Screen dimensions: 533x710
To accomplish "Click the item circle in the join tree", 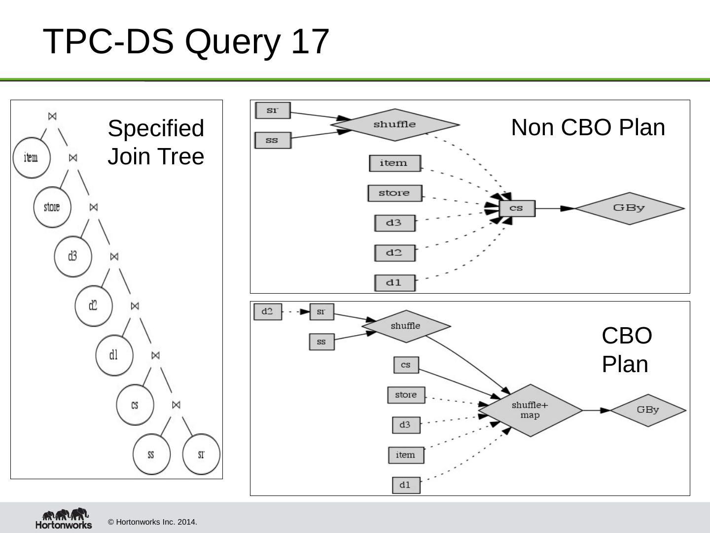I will click(x=31, y=158).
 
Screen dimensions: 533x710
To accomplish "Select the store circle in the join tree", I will click(x=52, y=207).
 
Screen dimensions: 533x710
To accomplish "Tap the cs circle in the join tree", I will click(x=135, y=405).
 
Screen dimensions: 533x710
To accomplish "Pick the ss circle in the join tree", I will click(x=151, y=454).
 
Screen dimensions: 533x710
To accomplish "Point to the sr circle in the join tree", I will click(x=201, y=454).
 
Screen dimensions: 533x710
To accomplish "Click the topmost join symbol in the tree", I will click(x=52, y=116).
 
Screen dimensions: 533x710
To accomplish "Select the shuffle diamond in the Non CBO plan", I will click(x=394, y=124).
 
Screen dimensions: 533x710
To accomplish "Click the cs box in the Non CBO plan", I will click(x=517, y=208).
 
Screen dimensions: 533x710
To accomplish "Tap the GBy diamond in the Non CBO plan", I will click(x=629, y=208).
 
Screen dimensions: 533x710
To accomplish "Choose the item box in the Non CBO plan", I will click(x=394, y=163).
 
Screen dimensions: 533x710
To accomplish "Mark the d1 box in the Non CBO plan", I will click(x=394, y=283).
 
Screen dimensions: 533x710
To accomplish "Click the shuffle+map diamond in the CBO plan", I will click(x=530, y=410).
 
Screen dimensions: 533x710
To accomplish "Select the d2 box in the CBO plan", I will click(x=267, y=311).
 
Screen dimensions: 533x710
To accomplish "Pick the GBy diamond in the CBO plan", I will click(x=647, y=410).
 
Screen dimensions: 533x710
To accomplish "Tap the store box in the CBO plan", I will click(x=406, y=395).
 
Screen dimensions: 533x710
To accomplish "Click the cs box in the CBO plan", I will click(x=406, y=365).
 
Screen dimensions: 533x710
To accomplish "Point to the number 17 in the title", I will click(x=310, y=41).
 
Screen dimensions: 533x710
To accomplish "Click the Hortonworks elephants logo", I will click(x=64, y=518).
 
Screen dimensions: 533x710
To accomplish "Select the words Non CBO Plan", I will click(x=588, y=127).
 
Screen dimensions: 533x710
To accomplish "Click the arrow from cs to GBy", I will click(x=555, y=208).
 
